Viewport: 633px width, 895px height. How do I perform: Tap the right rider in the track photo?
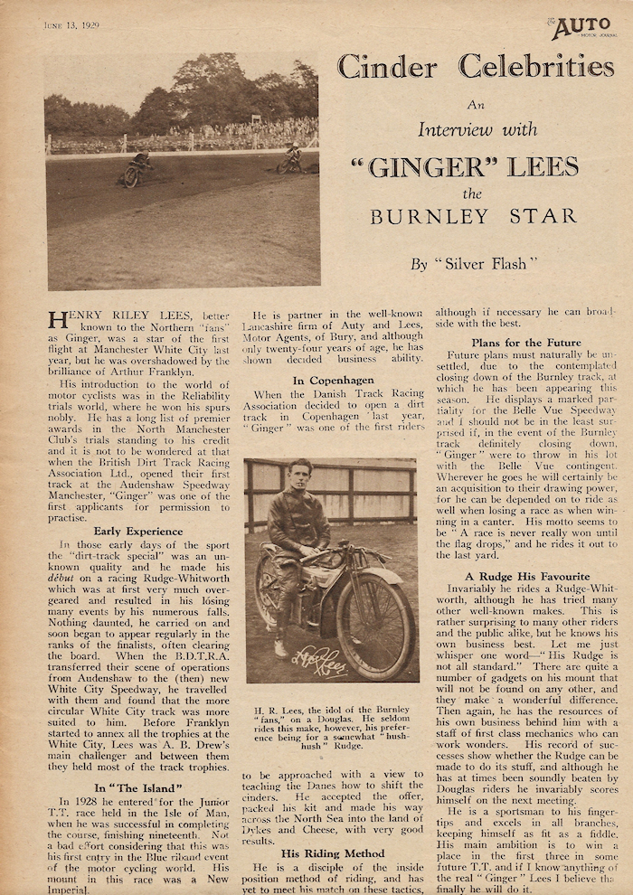[x=290, y=160]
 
